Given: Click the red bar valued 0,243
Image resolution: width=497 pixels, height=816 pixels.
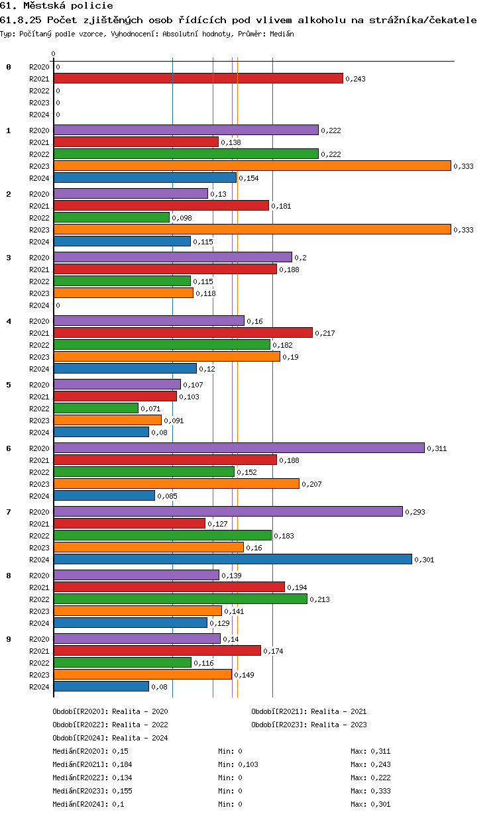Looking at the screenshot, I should tap(198, 78).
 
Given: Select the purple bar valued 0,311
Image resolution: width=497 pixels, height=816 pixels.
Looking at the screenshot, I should tap(239, 448).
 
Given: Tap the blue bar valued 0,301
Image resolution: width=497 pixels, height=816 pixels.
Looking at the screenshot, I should tap(233, 559).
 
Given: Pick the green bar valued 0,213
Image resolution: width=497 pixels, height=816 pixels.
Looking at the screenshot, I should tap(180, 599).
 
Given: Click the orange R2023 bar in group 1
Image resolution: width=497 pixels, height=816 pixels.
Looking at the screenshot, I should tap(252, 166).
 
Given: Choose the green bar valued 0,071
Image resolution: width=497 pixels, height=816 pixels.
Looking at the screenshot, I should tap(96, 408).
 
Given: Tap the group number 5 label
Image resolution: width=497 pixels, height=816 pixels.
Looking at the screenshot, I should tap(9, 385).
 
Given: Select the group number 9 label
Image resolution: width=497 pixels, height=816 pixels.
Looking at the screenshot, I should tap(9, 639).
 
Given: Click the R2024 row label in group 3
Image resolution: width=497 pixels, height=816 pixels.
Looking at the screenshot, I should tap(39, 305).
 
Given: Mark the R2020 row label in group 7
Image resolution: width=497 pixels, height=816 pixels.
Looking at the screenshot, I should tap(39, 512).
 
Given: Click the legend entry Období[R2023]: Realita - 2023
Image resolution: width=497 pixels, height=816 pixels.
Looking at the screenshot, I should tap(309, 725).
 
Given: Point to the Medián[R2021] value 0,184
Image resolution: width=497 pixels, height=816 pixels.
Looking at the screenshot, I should tap(120, 764).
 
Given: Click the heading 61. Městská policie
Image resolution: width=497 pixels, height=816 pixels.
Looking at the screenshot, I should tap(52, 6).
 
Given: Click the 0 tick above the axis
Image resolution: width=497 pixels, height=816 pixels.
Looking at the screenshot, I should tap(54, 54).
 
